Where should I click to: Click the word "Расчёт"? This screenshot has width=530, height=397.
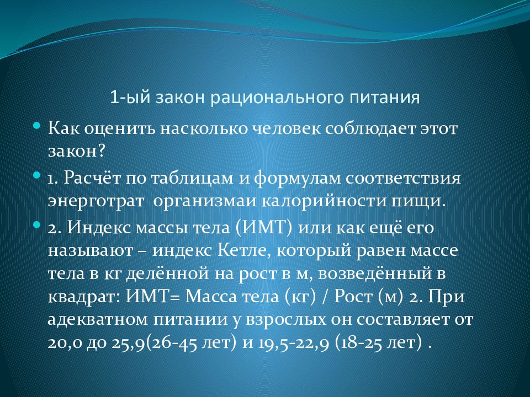pos(92,179)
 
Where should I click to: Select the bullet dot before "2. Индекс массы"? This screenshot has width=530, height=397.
pos(36,225)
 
